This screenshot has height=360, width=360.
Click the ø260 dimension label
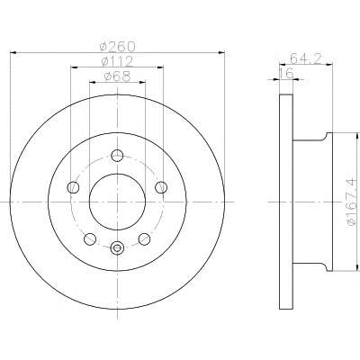(118, 47)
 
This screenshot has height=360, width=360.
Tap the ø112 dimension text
(117, 61)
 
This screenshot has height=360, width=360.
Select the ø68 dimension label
(117, 76)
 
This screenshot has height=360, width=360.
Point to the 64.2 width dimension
(306, 58)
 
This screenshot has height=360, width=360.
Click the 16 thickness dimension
(286, 73)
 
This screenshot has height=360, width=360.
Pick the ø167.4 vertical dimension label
(352, 202)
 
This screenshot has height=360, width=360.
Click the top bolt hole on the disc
(117, 156)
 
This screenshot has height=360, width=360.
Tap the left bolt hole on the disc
(73, 187)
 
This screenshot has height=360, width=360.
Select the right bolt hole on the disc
(161, 187)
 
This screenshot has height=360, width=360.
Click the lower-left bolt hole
(90, 238)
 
